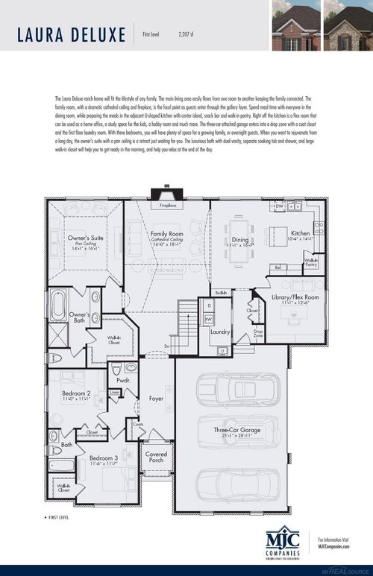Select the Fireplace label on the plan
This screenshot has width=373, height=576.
pos(168,206)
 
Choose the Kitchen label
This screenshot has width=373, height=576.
pos(300,233)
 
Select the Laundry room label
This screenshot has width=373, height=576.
pos(219,332)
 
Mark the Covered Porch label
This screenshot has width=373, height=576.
pos(156,455)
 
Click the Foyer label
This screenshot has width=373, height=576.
pos(155,399)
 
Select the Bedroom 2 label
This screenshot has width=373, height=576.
pos(77,393)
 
